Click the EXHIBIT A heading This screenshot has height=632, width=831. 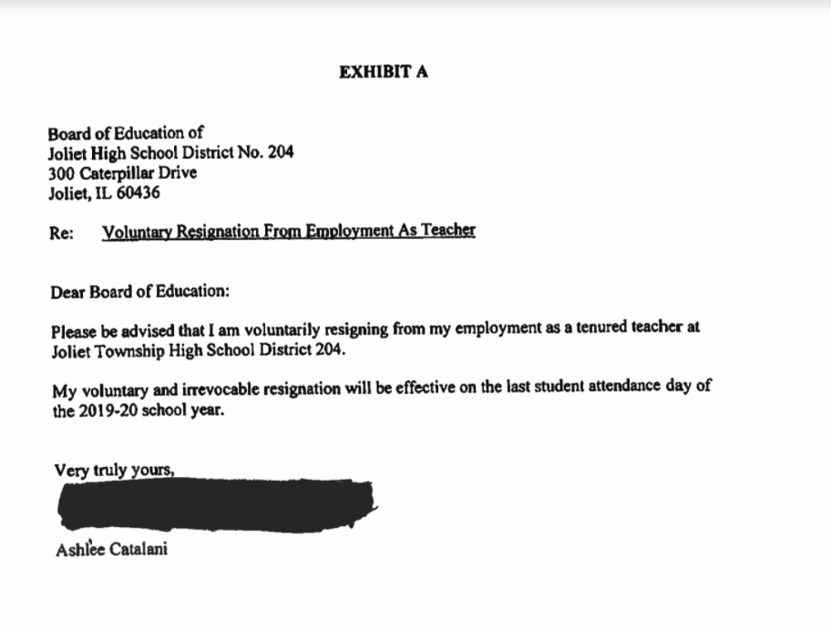click(x=383, y=73)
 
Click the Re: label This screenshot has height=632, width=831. click(x=61, y=233)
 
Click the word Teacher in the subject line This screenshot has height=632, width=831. click(x=447, y=231)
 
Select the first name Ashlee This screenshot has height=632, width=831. click(x=77, y=550)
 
